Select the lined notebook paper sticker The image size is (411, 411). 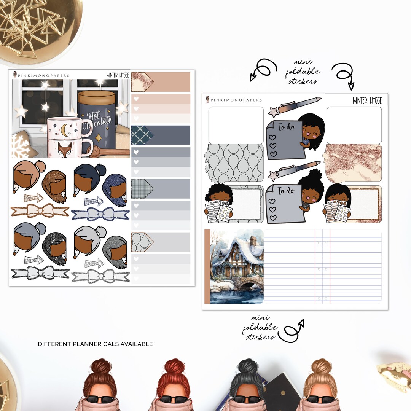(x=323, y=266)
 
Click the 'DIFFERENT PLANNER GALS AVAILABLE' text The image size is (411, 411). (x=95, y=344)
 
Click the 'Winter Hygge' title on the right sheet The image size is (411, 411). (x=367, y=101)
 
